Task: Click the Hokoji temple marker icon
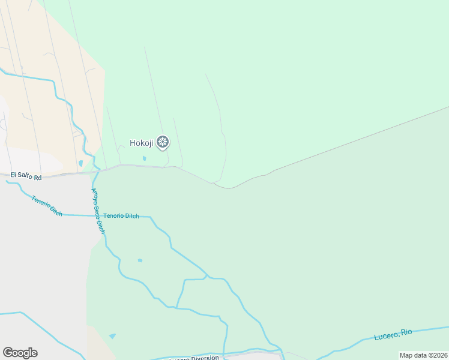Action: click(x=162, y=142)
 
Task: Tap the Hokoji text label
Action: click(x=142, y=143)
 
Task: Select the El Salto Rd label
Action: click(x=25, y=178)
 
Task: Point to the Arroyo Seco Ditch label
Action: click(x=98, y=211)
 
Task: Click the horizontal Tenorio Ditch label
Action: click(x=121, y=216)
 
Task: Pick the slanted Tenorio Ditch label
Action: click(x=47, y=205)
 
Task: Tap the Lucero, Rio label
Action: click(x=393, y=334)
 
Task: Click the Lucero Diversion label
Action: click(x=194, y=358)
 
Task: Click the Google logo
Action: click(x=20, y=353)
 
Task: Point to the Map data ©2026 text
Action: click(x=423, y=355)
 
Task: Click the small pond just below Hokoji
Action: click(x=143, y=158)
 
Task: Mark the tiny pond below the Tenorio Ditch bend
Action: click(x=140, y=260)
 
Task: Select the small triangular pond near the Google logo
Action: click(x=113, y=336)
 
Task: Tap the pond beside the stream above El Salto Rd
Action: click(x=80, y=163)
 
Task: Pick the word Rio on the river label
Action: click(x=406, y=332)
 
